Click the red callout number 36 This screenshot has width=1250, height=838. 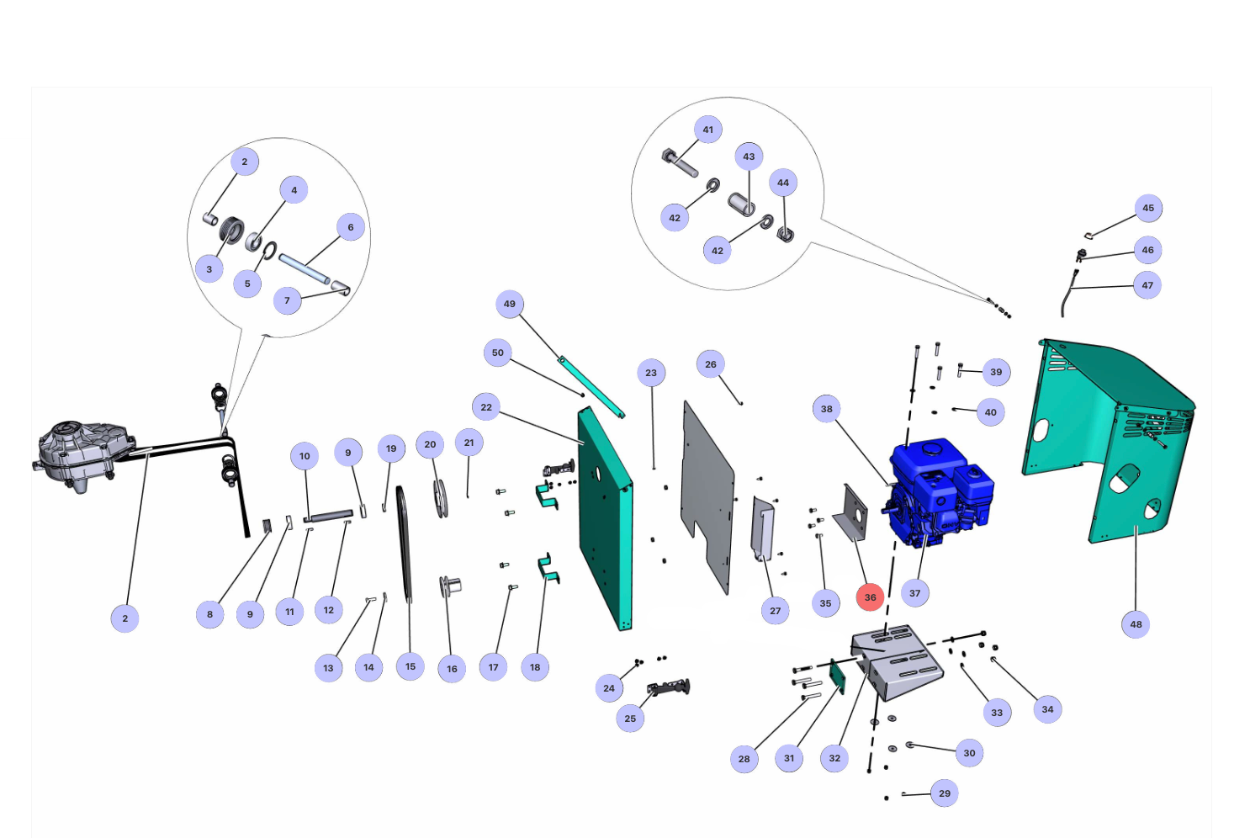(x=870, y=597)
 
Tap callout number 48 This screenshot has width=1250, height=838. (x=1136, y=624)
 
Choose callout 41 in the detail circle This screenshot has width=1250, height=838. (x=708, y=130)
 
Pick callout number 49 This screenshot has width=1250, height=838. (x=510, y=304)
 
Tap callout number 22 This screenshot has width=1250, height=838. (x=486, y=407)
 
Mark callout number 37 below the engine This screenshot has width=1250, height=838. (x=914, y=593)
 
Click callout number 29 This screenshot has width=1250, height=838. (x=945, y=793)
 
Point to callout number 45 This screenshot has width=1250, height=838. (x=1148, y=208)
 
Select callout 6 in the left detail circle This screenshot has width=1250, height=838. (x=351, y=227)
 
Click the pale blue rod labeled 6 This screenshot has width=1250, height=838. (x=304, y=270)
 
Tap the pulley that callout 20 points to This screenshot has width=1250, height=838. (x=440, y=498)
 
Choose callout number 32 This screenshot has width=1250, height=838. (x=834, y=758)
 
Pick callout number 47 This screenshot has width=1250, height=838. (x=1147, y=285)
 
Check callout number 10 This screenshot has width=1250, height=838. (x=305, y=456)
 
